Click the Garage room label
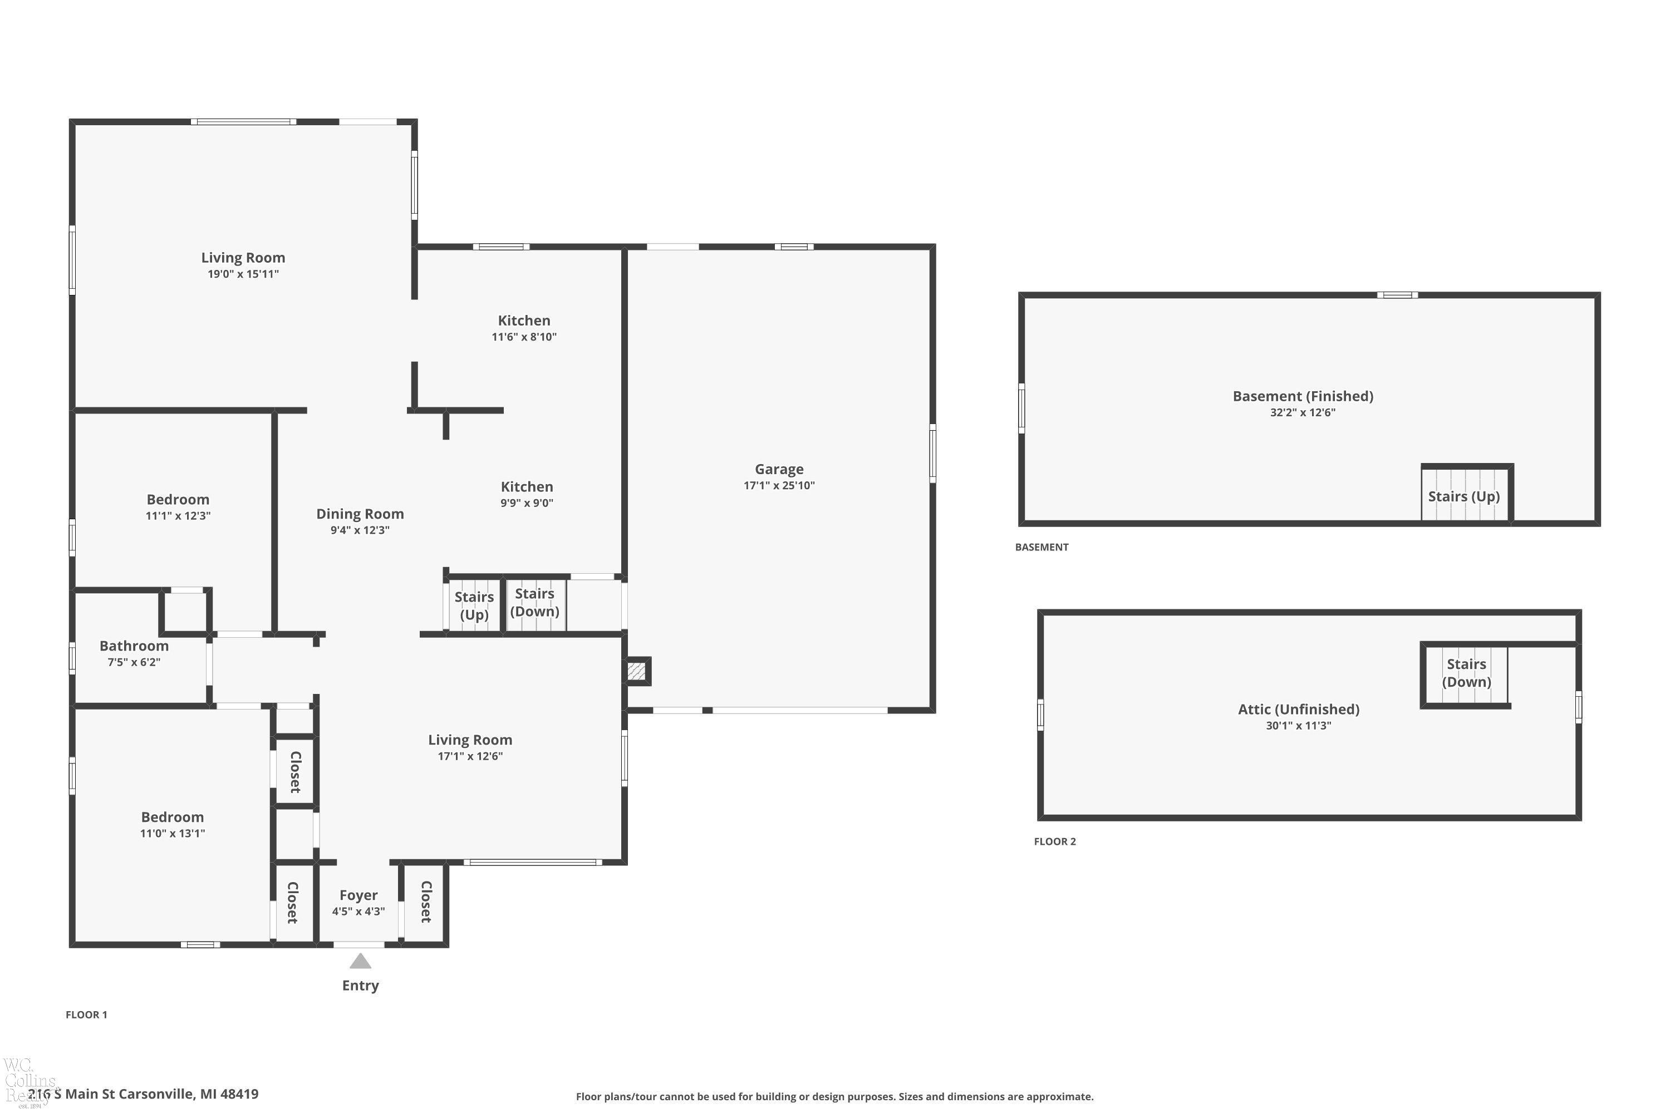coord(779,469)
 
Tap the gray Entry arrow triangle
coord(360,961)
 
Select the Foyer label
coord(358,895)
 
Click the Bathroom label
coord(134,646)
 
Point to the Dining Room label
coord(360,514)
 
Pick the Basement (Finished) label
coord(1303,396)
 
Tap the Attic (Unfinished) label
coord(1299,709)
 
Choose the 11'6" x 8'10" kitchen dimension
coord(524,337)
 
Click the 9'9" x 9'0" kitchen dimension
coord(527,503)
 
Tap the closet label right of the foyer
coord(426,902)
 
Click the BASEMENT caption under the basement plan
coord(1042,546)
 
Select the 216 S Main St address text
coord(143,1094)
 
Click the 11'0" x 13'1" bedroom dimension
coord(173,833)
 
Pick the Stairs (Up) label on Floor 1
coord(474,605)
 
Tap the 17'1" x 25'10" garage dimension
coord(779,485)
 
